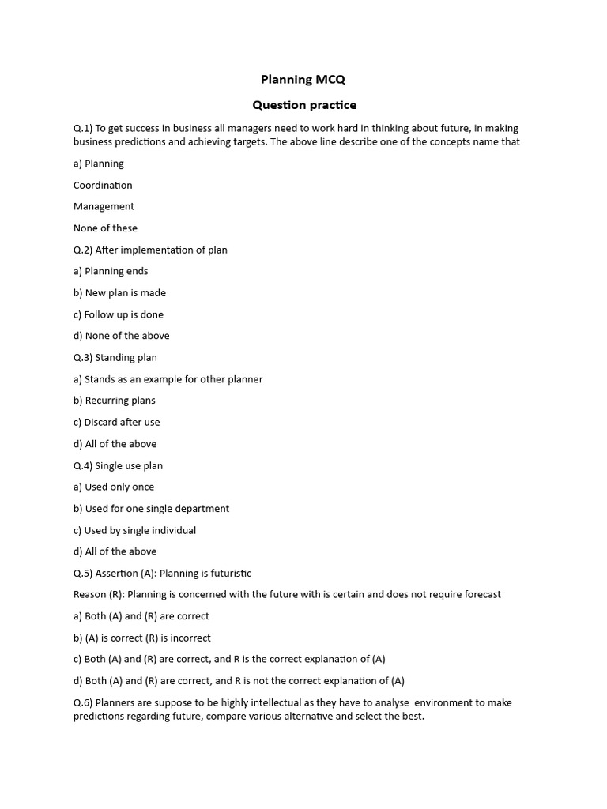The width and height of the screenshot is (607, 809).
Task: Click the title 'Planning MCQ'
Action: (x=303, y=79)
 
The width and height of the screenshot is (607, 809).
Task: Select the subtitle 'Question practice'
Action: (x=303, y=105)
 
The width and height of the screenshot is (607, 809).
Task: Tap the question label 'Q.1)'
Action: (x=83, y=128)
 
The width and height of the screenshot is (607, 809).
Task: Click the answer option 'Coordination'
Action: (x=103, y=185)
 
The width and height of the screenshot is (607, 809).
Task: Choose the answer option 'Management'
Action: (x=104, y=206)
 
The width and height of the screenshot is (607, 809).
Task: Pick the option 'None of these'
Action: (x=105, y=228)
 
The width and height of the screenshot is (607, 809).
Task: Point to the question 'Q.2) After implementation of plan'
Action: (x=150, y=250)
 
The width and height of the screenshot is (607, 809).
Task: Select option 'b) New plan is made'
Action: (x=119, y=292)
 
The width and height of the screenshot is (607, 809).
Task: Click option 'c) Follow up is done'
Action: (x=119, y=314)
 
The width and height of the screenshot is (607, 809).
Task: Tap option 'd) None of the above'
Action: (x=121, y=336)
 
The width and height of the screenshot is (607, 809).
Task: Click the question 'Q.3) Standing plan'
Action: (x=115, y=357)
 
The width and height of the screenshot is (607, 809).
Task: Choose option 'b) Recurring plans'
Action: (x=115, y=401)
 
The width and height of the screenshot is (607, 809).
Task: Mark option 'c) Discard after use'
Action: (x=117, y=422)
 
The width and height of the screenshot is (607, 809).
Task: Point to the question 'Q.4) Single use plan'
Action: (x=118, y=465)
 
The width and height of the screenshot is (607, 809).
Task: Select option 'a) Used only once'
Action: (x=114, y=487)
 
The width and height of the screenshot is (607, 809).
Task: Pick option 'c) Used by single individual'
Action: (x=134, y=530)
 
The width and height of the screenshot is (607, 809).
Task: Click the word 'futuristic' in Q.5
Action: (x=227, y=573)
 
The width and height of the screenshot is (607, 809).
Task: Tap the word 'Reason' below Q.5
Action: (x=90, y=594)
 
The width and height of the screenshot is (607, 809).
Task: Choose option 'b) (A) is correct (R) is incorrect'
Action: (x=142, y=638)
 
